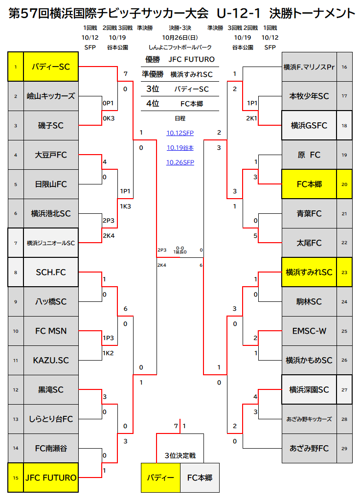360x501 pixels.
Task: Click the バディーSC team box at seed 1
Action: click(x=51, y=67)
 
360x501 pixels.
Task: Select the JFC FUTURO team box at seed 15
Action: click(x=51, y=478)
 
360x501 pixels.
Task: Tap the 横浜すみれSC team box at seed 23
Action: click(x=309, y=272)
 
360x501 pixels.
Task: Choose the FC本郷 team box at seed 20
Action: click(x=309, y=184)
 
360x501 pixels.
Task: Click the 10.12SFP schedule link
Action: click(x=180, y=133)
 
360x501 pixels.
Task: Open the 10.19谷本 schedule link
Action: click(x=180, y=148)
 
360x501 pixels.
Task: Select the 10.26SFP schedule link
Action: click(x=180, y=162)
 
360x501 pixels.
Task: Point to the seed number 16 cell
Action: click(x=344, y=67)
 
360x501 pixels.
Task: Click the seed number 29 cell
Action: click(x=344, y=448)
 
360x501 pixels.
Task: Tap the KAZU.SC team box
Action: click(x=51, y=361)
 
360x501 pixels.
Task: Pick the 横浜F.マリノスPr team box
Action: click(x=309, y=67)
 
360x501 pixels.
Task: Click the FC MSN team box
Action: click(x=51, y=331)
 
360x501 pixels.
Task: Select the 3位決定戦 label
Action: click(x=180, y=455)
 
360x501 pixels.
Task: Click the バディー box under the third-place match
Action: click(x=160, y=478)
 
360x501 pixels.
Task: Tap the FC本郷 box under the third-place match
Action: click(x=200, y=478)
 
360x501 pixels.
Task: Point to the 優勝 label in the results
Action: click(x=153, y=59)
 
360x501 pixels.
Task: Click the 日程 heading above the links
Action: click(x=180, y=118)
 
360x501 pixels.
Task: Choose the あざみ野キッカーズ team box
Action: click(x=309, y=419)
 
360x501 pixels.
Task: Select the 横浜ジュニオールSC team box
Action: click(x=51, y=243)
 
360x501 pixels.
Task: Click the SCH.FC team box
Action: click(x=51, y=272)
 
